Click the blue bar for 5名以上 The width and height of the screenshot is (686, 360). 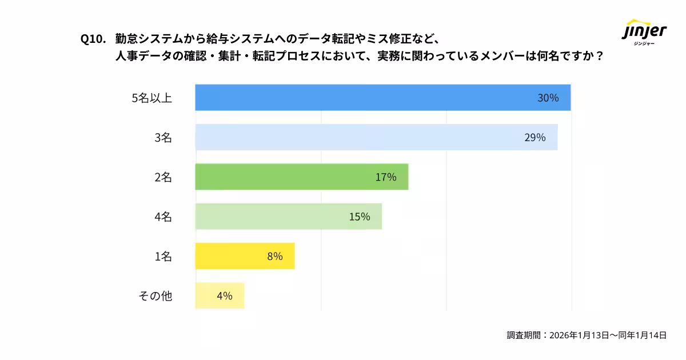(366, 98)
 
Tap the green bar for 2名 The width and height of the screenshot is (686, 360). (286, 177)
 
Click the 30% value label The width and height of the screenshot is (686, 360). (548, 98)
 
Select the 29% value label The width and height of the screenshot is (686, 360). (535, 137)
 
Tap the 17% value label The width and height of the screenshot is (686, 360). (386, 177)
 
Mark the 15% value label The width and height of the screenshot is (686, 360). (360, 217)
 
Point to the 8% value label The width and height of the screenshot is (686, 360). (275, 256)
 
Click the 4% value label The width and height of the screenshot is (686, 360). (224, 295)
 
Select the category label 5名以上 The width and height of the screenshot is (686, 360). (151, 98)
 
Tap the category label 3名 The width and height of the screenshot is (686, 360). (163, 137)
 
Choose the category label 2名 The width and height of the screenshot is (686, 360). (163, 177)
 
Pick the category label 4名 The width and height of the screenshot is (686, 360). (163, 217)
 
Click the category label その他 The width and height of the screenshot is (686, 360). (155, 295)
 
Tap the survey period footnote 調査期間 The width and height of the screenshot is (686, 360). (587, 335)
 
